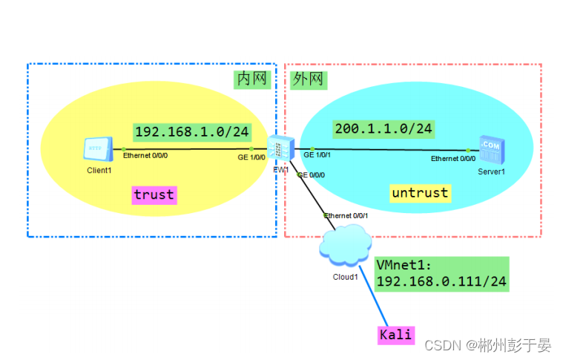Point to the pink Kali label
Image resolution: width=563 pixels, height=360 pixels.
[x=395, y=335]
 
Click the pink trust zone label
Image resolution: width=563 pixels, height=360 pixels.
[x=154, y=194]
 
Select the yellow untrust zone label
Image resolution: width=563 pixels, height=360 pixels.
[x=420, y=193]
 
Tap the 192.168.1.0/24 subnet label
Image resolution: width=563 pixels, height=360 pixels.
[x=191, y=131]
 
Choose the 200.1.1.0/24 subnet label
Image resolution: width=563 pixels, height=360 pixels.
[x=383, y=128]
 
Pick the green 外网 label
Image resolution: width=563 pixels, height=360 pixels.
[x=309, y=79]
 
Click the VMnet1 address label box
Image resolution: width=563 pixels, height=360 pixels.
[x=441, y=273]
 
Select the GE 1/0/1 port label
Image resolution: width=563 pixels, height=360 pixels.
[x=318, y=155]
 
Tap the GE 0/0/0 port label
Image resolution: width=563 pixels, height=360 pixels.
[x=311, y=175]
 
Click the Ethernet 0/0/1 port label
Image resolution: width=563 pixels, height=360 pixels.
[x=345, y=216]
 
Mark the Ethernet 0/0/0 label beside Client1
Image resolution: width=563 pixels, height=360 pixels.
[x=145, y=157]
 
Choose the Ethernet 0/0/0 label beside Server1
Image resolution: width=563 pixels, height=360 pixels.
[x=453, y=158]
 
